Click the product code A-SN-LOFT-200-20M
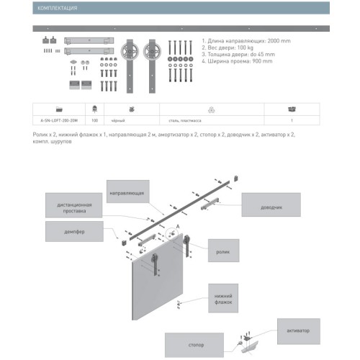coord(58,121)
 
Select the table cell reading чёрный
coord(118,121)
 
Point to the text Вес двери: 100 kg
coord(228,48)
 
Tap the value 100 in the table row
coord(94,121)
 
